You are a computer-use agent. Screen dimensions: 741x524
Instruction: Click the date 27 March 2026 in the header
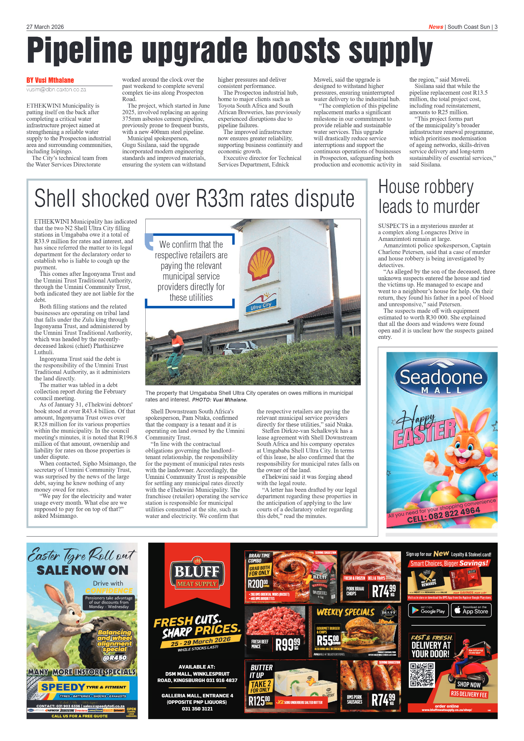click(x=45, y=27)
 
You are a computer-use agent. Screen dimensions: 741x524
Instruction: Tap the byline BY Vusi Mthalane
click(x=50, y=80)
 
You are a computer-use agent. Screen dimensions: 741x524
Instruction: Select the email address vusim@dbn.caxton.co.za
click(x=56, y=90)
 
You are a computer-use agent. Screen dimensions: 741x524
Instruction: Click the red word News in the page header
click(x=435, y=27)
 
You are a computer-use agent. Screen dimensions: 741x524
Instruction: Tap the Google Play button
click(x=428, y=610)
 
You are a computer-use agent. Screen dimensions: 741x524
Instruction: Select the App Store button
click(x=471, y=610)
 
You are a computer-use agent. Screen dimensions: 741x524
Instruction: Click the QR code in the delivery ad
click(x=422, y=675)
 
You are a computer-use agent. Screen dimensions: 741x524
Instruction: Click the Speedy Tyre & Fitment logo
click(x=82, y=687)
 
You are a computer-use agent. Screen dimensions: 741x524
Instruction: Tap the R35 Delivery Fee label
click(x=469, y=694)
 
